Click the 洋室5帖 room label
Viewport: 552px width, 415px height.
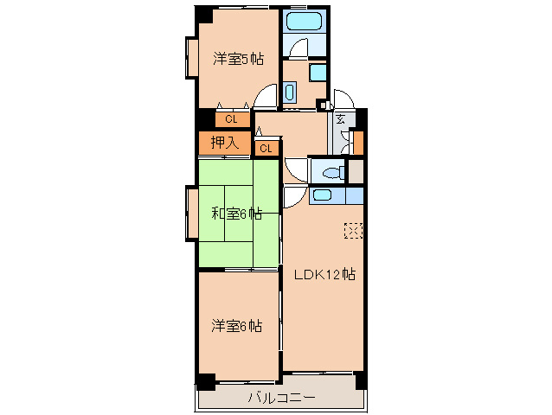(238, 59)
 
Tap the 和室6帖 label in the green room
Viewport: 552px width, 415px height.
(236, 214)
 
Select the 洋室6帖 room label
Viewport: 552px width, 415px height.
(236, 326)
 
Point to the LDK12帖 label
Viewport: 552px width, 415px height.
(324, 274)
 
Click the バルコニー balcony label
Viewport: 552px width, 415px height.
(282, 398)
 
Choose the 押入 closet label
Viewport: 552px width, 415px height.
(225, 143)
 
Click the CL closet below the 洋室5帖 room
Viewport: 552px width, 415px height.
(231, 119)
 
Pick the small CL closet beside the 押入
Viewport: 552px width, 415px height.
(266, 149)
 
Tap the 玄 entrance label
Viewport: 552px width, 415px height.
(340, 119)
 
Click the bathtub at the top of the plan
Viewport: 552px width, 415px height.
(304, 22)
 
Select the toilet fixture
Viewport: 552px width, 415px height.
(333, 173)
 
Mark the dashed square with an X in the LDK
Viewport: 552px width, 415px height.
(353, 231)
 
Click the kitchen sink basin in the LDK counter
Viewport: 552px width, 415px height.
(322, 195)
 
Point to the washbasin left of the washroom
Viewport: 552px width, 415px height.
(289, 93)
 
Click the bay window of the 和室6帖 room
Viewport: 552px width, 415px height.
(192, 214)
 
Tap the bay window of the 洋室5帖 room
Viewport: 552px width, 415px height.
(192, 57)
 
